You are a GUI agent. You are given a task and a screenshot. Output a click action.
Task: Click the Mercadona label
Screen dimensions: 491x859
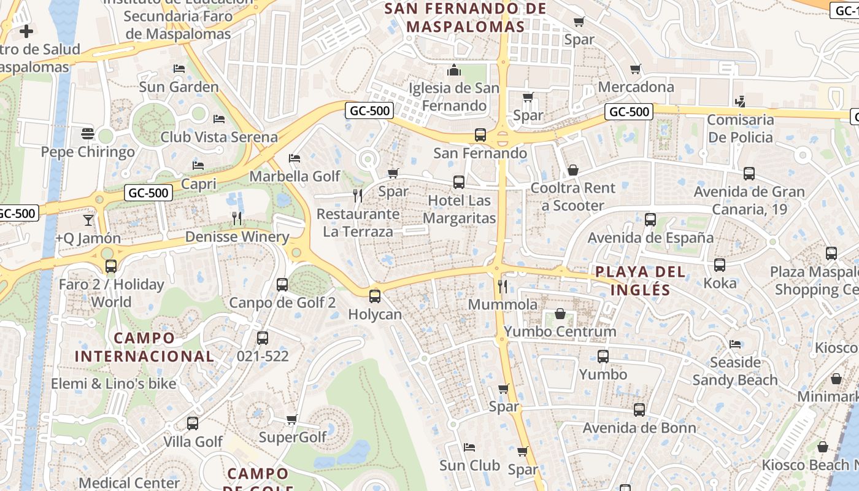[636, 87]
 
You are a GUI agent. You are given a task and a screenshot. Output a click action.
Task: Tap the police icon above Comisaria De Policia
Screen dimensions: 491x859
[741, 101]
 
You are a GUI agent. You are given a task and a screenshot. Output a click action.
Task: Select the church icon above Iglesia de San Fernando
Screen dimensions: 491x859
[454, 70]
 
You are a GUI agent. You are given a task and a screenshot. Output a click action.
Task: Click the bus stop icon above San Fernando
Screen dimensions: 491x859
[480, 134]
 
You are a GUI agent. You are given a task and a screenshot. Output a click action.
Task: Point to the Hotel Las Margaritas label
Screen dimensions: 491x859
[459, 209]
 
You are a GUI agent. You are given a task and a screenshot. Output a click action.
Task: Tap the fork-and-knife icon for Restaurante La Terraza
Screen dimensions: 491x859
[358, 196]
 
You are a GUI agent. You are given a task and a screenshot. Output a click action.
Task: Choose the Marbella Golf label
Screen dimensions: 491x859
[295, 176]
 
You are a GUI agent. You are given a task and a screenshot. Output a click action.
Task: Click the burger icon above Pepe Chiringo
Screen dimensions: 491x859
[87, 133]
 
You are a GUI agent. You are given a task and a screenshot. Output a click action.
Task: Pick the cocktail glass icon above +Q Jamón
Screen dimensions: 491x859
[88, 220]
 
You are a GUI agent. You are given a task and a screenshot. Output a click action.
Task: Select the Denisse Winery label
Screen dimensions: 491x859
[237, 237]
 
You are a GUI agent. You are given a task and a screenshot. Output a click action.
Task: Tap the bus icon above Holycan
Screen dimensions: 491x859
[375, 296]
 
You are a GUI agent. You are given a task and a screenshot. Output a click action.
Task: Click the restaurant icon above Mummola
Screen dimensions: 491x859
[503, 286]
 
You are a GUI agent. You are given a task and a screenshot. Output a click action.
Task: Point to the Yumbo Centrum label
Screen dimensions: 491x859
[560, 331]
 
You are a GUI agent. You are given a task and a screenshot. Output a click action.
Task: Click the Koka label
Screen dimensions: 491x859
[720, 283]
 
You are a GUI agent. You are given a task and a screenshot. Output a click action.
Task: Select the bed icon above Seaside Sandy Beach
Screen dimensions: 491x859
[735, 344]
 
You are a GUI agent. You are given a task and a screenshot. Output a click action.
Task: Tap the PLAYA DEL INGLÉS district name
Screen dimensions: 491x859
[641, 280]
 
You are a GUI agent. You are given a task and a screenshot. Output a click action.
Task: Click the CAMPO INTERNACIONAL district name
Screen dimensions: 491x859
[144, 347]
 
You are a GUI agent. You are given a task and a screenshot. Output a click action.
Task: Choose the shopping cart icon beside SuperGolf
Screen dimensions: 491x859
[292, 420]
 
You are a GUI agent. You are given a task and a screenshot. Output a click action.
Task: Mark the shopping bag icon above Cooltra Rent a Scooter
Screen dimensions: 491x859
[572, 169]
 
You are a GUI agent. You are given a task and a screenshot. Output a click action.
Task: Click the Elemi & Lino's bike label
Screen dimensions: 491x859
[114, 384]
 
